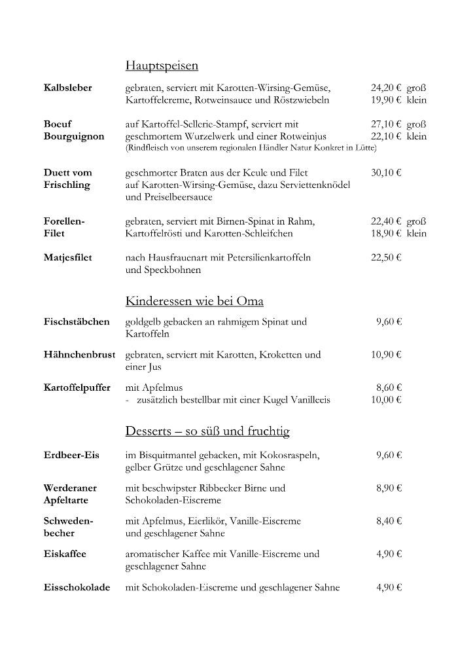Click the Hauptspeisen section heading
[x=162, y=65]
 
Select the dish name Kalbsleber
[x=67, y=88]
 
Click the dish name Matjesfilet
[x=67, y=257]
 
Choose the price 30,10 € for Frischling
[x=386, y=173]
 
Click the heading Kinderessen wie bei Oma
[x=194, y=301]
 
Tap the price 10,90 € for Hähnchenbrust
[x=386, y=355]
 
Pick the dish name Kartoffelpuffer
[x=77, y=387]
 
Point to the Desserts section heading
[x=207, y=431]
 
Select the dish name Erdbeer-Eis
[x=71, y=455]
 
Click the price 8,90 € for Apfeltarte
[x=389, y=488]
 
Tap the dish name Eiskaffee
[x=65, y=554]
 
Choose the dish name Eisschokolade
[x=77, y=587]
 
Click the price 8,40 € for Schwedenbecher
[x=389, y=521]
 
